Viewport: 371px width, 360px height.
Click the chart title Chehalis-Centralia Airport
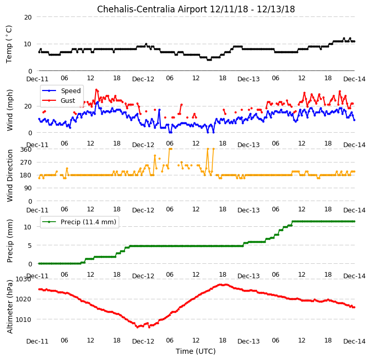pyautogui.click(x=152, y=9)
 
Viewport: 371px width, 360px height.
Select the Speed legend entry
pyautogui.click(x=61, y=91)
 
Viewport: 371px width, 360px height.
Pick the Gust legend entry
pyautogui.click(x=59, y=100)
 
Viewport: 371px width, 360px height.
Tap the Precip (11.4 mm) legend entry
pyautogui.click(x=79, y=222)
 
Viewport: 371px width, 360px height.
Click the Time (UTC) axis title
pyautogui.click(x=196, y=351)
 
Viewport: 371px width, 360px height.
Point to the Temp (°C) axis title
pyautogui.click(x=9, y=44)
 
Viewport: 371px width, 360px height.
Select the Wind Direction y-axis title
pyautogui.click(x=10, y=175)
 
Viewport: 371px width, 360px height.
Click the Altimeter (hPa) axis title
pyautogui.click(x=10, y=307)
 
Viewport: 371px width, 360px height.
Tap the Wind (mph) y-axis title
pyautogui.click(x=10, y=110)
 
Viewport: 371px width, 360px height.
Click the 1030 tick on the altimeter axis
pyautogui.click(x=23, y=279)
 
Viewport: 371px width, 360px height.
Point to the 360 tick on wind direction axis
pyautogui.click(x=26, y=150)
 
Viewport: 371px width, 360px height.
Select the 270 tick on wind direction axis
pyautogui.click(x=26, y=163)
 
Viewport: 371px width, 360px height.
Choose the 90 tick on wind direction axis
pyautogui.click(x=28, y=188)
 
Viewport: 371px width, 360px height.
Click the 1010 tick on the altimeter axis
pyautogui.click(x=23, y=320)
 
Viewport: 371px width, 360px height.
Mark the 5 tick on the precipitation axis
pyautogui.click(x=30, y=246)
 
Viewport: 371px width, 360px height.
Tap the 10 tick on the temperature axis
pyautogui.click(x=28, y=44)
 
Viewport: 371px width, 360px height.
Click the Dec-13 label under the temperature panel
pyautogui.click(x=248, y=79)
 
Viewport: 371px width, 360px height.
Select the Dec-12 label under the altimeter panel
pyautogui.click(x=143, y=341)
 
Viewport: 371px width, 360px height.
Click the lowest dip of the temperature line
pyautogui.click(x=209, y=60)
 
